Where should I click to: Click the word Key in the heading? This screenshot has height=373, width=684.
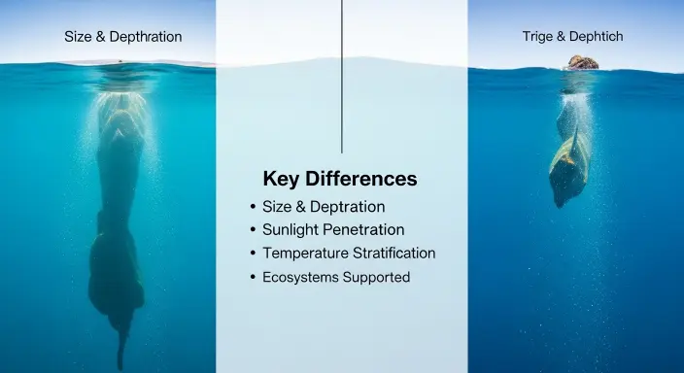tap(281, 180)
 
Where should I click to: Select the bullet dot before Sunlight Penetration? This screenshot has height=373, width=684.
tap(254, 230)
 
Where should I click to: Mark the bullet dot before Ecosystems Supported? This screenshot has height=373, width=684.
tap(254, 277)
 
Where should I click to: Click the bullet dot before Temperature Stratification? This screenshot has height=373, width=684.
tap(254, 254)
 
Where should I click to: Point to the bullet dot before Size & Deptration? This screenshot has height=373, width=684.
tap(254, 207)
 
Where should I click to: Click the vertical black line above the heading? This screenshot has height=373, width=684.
tap(342, 78)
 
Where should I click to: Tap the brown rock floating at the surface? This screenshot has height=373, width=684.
tap(582, 63)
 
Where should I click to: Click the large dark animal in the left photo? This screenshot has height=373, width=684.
tap(119, 223)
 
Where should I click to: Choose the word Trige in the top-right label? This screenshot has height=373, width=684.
tap(539, 37)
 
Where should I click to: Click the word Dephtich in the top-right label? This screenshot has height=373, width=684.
tap(596, 37)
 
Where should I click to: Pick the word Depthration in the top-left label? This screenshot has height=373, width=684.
tap(145, 37)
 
